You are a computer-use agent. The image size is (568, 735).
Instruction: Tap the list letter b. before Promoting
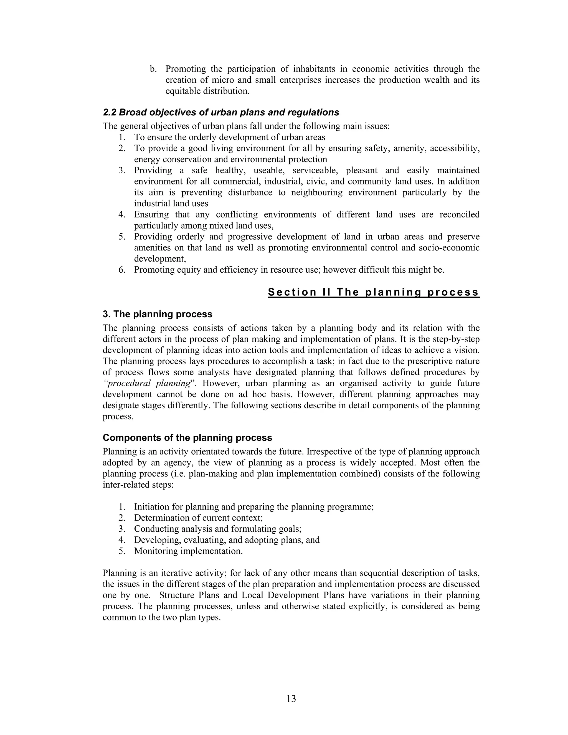click(153, 69)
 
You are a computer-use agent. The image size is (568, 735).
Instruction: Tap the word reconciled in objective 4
click(459, 215)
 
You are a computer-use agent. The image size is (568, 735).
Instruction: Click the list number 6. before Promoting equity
click(122, 270)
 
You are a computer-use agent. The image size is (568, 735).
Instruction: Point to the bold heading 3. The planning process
click(158, 314)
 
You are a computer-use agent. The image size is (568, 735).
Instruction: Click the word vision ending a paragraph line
click(467, 350)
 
